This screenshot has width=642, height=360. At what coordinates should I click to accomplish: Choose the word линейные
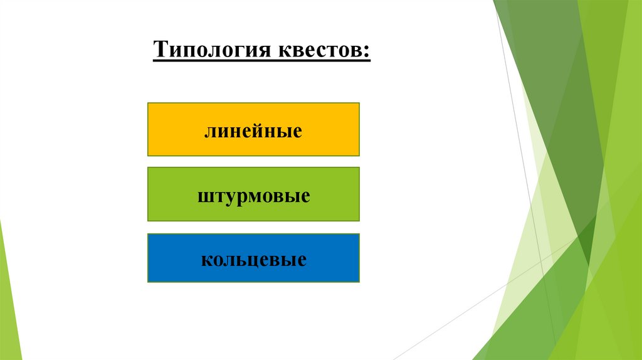[253, 131]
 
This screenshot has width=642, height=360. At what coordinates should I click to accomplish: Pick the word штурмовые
[253, 196]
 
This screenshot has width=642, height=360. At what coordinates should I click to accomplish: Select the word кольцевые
[253, 259]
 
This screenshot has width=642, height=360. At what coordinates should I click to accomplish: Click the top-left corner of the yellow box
[149, 104]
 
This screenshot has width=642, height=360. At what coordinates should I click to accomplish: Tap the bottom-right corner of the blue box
[359, 281]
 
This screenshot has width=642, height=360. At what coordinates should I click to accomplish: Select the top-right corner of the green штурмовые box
[359, 168]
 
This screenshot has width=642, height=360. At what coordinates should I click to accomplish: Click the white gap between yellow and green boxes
[253, 161]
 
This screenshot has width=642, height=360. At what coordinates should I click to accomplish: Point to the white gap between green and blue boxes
[253, 227]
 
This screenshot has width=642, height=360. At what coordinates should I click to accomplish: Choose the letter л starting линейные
[208, 132]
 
